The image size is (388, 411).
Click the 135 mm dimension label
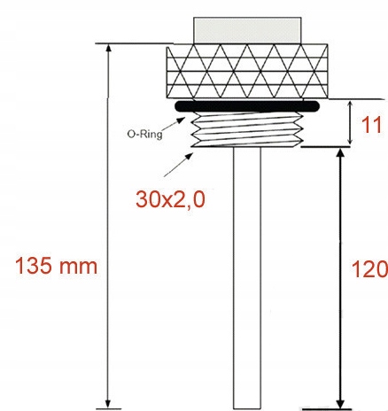(x=55, y=265)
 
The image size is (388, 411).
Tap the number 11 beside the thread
(x=373, y=125)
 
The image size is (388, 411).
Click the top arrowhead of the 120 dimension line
(x=339, y=154)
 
